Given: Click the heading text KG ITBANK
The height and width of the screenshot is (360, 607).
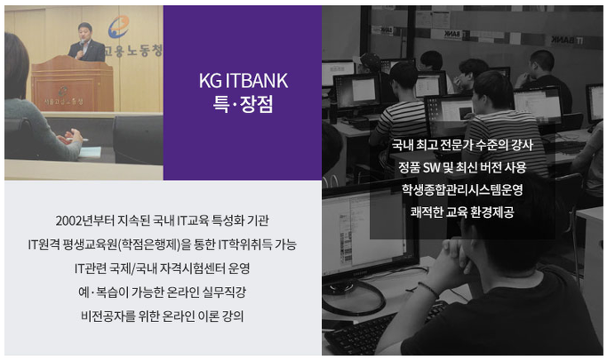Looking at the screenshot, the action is [244, 81].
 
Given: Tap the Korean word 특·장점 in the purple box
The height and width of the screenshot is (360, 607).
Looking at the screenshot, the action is [244, 104].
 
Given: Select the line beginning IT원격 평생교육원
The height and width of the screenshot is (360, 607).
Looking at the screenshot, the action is [163, 244].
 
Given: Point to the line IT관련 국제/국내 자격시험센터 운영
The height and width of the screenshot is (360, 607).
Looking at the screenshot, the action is [163, 268].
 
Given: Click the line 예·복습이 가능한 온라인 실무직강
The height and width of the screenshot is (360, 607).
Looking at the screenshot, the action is [163, 292].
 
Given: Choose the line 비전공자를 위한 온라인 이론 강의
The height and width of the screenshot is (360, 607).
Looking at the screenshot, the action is [163, 316].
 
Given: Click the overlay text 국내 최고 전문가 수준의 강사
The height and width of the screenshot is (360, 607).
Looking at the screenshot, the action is [462, 145].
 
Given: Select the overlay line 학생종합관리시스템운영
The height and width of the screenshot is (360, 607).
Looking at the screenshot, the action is [462, 189].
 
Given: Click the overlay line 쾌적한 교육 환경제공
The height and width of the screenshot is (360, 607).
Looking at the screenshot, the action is [462, 212].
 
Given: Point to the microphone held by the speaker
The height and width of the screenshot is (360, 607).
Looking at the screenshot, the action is [82, 43].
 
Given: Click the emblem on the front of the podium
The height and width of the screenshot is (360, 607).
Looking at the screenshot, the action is [62, 91].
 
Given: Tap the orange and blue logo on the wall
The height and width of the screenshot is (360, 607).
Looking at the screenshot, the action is [118, 27].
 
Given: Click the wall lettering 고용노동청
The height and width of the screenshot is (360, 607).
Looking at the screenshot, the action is [132, 51].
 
